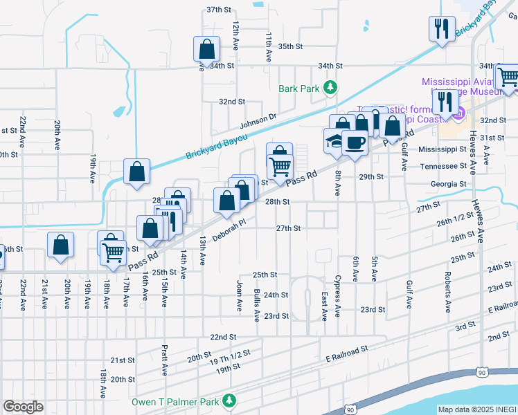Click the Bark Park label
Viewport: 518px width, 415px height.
coord(299,88)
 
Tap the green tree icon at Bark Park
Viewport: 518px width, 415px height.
coord(331,86)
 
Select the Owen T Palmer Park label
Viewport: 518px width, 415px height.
coord(176,401)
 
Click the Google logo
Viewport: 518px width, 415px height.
coord(23,407)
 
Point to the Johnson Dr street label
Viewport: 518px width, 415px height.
coord(258,121)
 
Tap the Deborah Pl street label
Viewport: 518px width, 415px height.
coord(229,231)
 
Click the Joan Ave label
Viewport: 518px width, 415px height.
coord(240,294)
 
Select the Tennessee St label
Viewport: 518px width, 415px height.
coord(443,167)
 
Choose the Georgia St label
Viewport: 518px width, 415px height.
coord(449,184)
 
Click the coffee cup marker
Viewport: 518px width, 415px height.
coord(355,142)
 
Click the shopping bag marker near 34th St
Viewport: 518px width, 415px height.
coord(206,49)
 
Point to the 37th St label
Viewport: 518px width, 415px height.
coord(218,10)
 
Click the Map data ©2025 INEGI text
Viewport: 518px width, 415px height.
coord(476,409)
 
